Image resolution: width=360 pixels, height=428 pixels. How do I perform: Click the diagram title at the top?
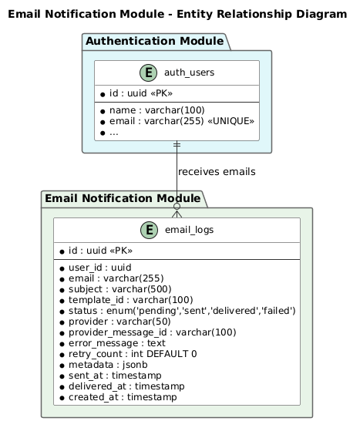[x=177, y=14]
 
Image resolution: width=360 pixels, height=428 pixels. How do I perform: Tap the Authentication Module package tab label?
[x=154, y=41]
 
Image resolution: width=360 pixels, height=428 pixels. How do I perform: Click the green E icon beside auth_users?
[x=149, y=73]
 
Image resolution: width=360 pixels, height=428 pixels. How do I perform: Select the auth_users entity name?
[x=189, y=72]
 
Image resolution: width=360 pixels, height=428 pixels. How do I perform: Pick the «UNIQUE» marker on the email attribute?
[x=231, y=121]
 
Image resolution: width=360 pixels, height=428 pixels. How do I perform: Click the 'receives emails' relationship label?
[x=217, y=172]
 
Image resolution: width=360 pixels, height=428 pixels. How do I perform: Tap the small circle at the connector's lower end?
[x=177, y=207]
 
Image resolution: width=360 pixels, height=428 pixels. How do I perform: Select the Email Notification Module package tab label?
[x=123, y=198]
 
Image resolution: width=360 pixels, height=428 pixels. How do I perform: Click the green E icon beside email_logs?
[x=149, y=230]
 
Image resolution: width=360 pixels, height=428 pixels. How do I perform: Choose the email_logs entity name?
[x=189, y=230]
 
